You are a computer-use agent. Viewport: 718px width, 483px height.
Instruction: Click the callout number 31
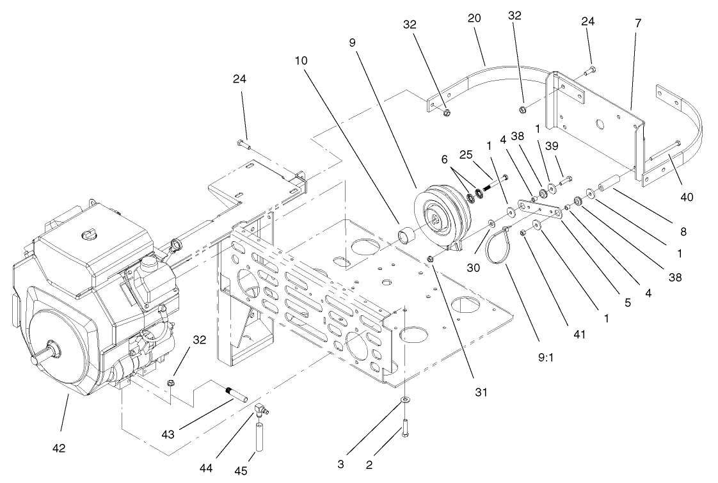point(481,392)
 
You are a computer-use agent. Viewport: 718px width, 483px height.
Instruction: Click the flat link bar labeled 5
point(538,207)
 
